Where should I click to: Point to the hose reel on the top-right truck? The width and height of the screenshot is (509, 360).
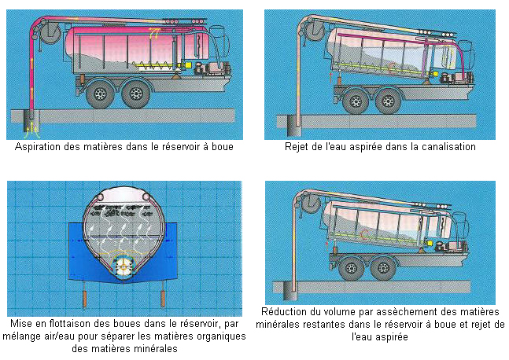pyautogui.click(x=314, y=30)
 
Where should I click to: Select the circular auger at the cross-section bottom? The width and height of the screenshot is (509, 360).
pyautogui.click(x=124, y=266)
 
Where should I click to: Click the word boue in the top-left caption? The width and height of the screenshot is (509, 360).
pyautogui.click(x=223, y=147)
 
